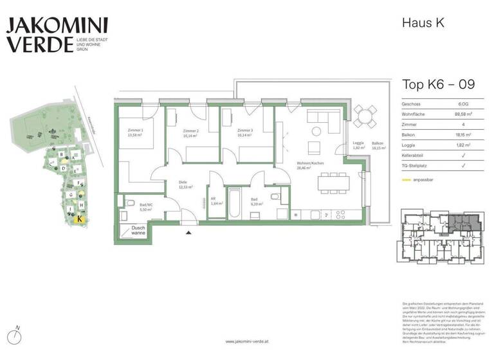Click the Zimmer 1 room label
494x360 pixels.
point(135,133)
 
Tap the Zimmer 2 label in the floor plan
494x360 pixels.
point(190,133)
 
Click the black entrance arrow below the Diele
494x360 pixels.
point(188,233)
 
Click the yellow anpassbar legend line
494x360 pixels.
point(407,180)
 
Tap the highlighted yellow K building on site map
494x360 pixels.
point(78,219)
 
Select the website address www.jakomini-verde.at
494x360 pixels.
point(247,341)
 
